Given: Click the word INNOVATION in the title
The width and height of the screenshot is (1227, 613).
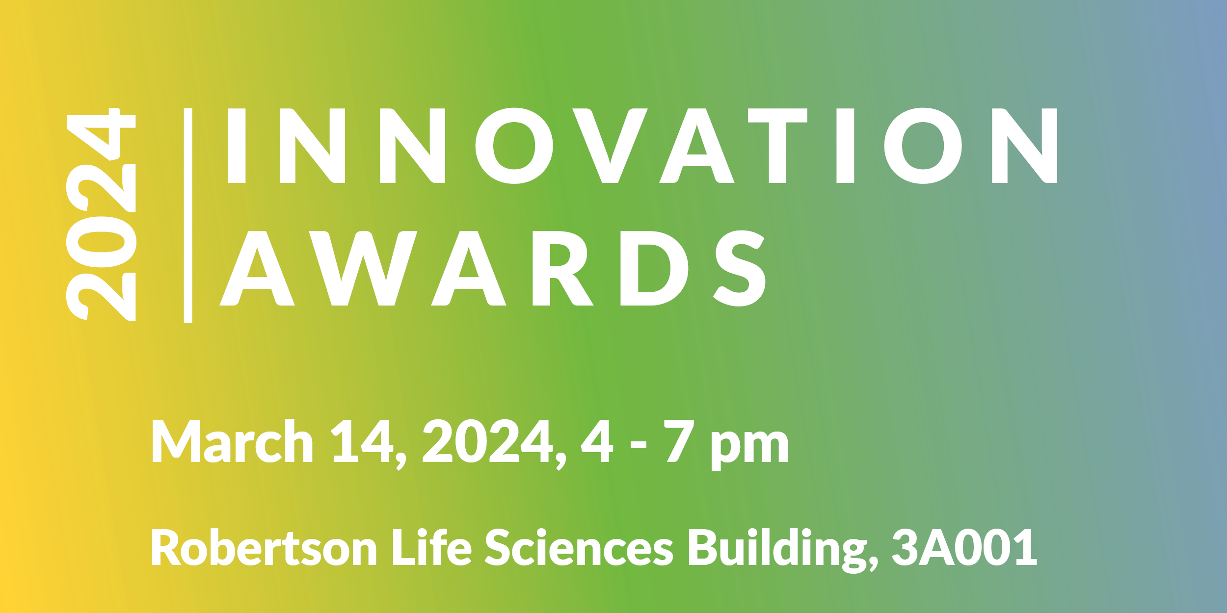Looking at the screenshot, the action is [642, 146].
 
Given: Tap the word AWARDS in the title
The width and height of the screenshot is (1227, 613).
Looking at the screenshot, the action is [492, 268].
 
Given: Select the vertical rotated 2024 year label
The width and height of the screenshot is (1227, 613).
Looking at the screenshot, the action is [101, 214].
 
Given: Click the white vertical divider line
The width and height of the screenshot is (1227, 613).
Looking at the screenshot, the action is [188, 215].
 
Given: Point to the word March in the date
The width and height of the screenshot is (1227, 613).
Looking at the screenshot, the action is [232, 441].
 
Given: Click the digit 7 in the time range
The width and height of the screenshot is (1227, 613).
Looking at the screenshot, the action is [679, 441].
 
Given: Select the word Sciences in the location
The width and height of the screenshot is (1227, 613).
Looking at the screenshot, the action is [579, 547].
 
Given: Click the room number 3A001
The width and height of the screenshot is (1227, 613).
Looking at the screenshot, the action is [964, 547].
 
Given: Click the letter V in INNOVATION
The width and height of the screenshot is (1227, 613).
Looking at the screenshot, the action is [610, 146].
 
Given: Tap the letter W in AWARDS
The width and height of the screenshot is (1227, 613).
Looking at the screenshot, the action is [363, 268].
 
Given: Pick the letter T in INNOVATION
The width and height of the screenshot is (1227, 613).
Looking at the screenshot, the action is [777, 146].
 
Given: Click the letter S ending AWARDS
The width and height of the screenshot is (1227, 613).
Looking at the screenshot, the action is [740, 268].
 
